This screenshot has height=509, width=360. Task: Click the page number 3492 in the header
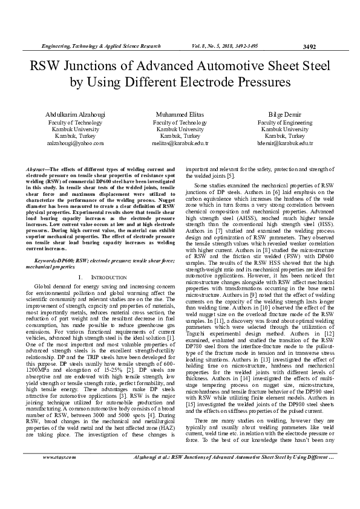pos(309,47)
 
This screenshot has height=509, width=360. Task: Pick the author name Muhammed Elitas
pos(180,114)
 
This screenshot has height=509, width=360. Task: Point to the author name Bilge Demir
pos(286,114)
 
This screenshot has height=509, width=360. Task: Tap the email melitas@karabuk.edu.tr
pos(180,144)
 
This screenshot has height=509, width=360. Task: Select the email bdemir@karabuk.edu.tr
pos(286,144)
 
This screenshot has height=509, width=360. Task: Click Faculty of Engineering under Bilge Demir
pos(286,122)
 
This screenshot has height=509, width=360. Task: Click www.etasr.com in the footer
pos(59,491)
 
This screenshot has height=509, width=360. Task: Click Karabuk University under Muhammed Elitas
pos(180,129)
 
